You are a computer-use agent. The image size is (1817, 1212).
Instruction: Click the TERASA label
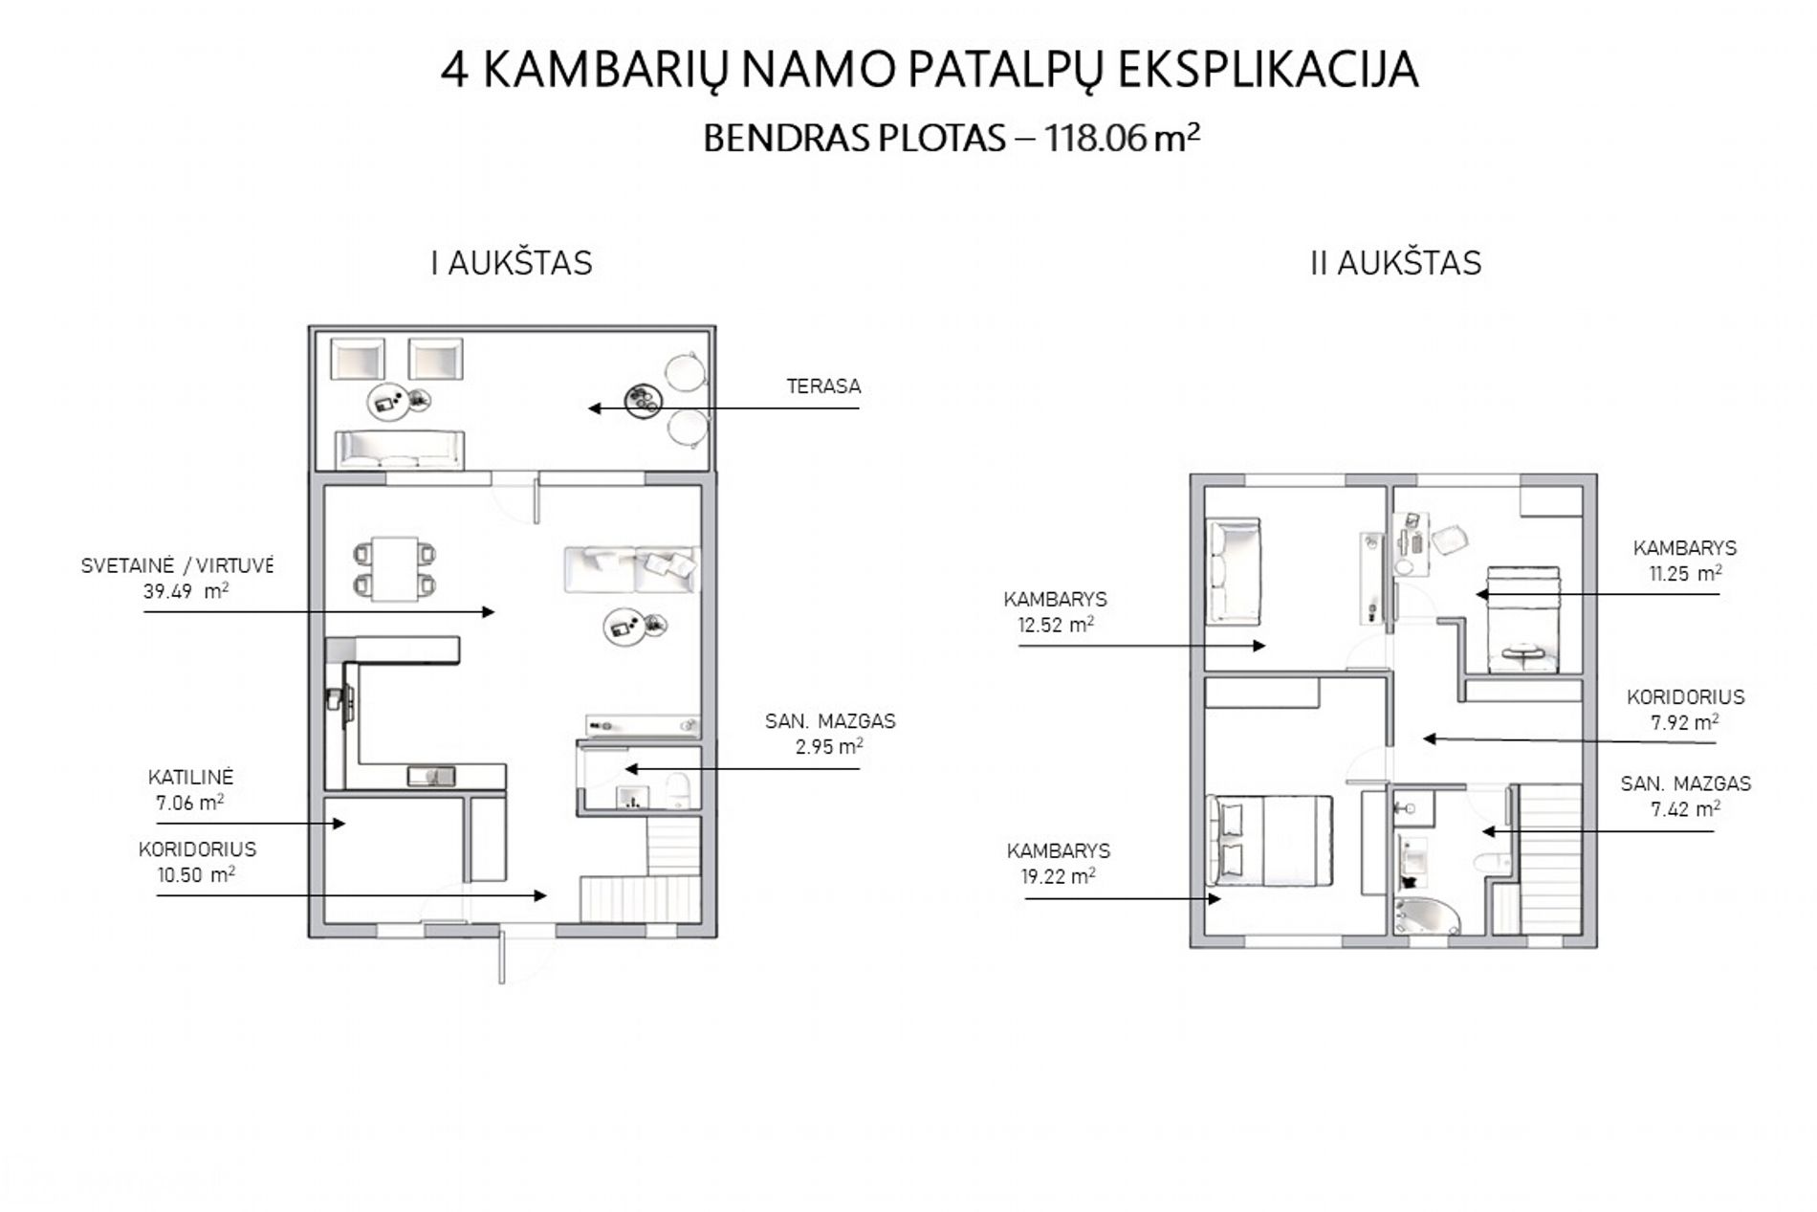823,386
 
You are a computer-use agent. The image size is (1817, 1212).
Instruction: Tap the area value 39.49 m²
186,591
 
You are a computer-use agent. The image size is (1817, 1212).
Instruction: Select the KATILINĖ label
190,777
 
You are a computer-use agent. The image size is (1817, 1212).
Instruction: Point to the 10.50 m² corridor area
196,874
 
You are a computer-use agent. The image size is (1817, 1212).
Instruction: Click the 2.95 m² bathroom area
830,746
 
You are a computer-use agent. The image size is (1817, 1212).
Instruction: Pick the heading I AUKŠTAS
512,263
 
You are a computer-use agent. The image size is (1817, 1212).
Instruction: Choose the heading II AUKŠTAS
1395,263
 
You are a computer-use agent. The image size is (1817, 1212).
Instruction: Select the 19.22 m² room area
1058,876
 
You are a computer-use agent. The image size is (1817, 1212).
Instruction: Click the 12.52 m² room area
1056,625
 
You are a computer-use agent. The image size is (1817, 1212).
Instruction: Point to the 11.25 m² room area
1683,574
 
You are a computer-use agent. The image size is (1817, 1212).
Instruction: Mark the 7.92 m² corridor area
1684,722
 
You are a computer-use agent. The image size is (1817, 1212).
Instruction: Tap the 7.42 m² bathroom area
1685,808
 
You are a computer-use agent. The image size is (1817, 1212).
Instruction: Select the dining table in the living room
394,568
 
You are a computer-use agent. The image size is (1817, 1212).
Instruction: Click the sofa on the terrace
400,450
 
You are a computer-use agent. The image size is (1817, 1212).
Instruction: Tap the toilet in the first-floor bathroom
678,791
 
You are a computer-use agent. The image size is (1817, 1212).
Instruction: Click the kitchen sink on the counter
431,776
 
